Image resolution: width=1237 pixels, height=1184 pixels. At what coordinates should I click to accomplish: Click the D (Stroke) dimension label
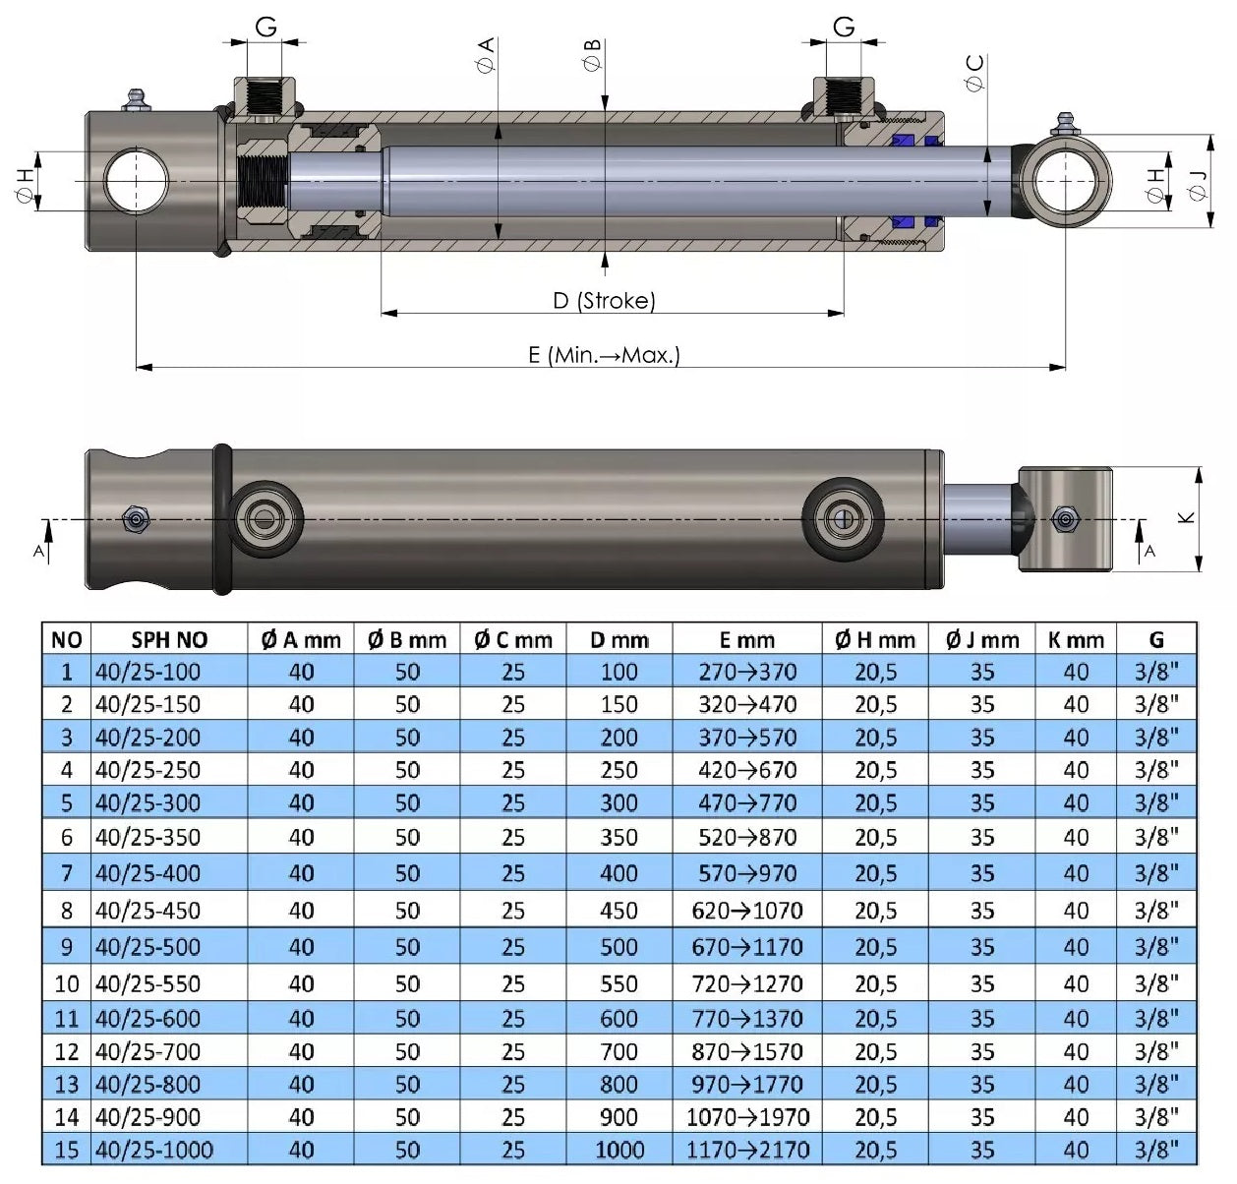tap(604, 300)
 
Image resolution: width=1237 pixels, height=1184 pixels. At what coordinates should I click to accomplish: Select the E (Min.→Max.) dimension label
tap(604, 355)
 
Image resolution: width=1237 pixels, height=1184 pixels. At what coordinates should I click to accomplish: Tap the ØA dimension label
tap(485, 54)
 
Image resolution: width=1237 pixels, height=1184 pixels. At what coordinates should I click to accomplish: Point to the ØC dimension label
tap(974, 73)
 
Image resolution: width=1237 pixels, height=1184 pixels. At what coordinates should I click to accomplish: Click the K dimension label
tap(1186, 517)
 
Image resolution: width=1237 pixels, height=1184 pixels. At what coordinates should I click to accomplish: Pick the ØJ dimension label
tap(1198, 186)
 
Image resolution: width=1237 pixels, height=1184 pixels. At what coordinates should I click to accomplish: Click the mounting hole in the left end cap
tap(136, 181)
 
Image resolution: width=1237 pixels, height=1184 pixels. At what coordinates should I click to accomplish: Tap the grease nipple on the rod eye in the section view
tap(1064, 124)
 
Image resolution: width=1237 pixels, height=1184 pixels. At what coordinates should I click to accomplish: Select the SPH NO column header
tap(169, 639)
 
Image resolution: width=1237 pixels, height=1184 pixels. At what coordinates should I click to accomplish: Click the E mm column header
tap(747, 639)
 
